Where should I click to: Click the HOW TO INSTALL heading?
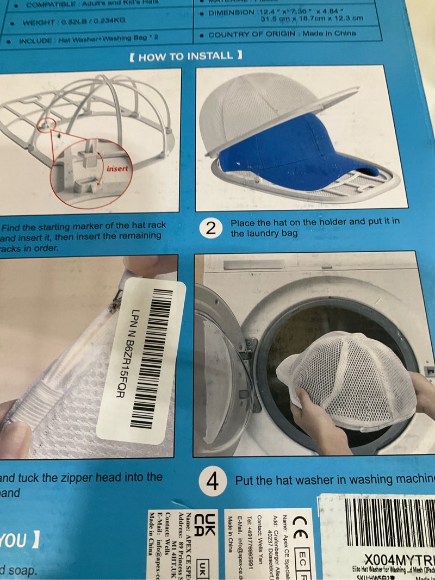185,56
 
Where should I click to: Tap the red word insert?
117,169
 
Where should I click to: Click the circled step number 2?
212,228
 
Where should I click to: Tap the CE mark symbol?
301,526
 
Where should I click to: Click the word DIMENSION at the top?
233,13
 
